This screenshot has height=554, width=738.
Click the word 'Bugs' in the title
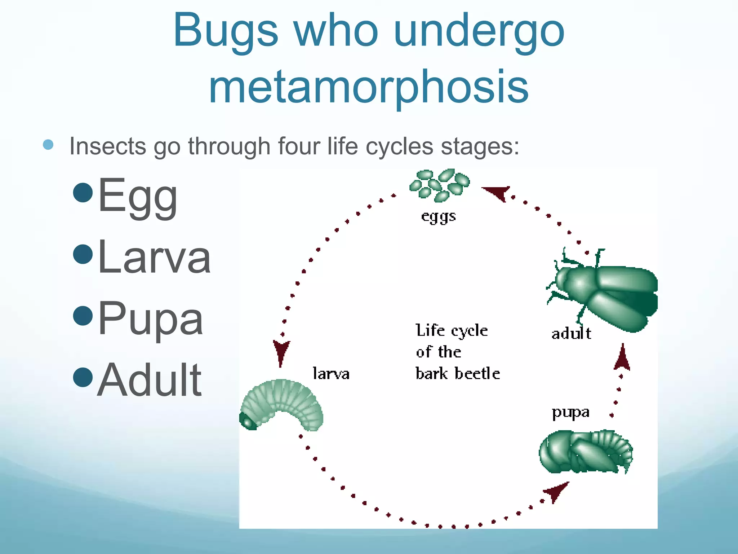(x=226, y=32)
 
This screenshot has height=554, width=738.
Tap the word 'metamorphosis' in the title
(x=368, y=88)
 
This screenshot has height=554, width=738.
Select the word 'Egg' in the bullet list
(x=138, y=196)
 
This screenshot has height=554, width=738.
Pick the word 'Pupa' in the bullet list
(x=150, y=320)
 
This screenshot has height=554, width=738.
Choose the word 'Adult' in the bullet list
(x=149, y=380)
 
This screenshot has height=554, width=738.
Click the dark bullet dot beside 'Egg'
(x=83, y=192)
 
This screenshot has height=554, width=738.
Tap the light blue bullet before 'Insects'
(x=48, y=145)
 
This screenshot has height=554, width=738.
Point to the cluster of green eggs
(x=440, y=184)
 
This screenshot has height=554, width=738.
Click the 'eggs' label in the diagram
(x=439, y=216)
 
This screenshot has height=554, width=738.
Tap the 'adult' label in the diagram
(x=571, y=333)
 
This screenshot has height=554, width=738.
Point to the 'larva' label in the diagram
(x=331, y=374)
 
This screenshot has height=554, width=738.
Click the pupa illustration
(x=586, y=451)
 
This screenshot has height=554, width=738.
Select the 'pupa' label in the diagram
(x=570, y=412)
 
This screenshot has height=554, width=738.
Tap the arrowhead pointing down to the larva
(x=281, y=352)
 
